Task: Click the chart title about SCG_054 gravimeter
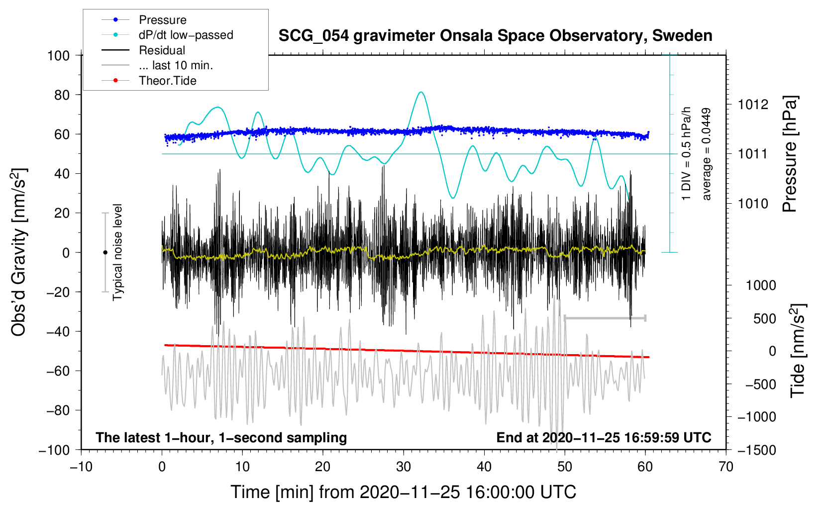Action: click(x=495, y=36)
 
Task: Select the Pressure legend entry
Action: click(x=162, y=20)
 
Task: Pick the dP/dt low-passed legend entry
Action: click(x=186, y=35)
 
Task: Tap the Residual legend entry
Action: click(x=162, y=50)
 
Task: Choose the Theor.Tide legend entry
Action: click(x=167, y=81)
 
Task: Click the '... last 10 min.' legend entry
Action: click(x=176, y=65)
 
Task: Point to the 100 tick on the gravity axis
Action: click(x=58, y=55)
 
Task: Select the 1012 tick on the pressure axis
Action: click(x=753, y=105)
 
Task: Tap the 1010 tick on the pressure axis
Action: click(x=753, y=204)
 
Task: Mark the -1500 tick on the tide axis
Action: click(x=757, y=450)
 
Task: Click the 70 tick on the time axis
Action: click(x=726, y=467)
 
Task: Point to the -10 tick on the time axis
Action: click(x=81, y=467)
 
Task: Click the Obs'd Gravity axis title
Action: click(x=19, y=253)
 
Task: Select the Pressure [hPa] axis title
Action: click(x=790, y=154)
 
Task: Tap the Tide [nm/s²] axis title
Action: click(x=798, y=351)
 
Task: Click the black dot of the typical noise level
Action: click(x=105, y=253)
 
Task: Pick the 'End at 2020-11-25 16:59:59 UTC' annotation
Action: click(x=604, y=437)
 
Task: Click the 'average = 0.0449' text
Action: click(x=707, y=154)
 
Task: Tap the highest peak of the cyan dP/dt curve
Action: click(x=421, y=92)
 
